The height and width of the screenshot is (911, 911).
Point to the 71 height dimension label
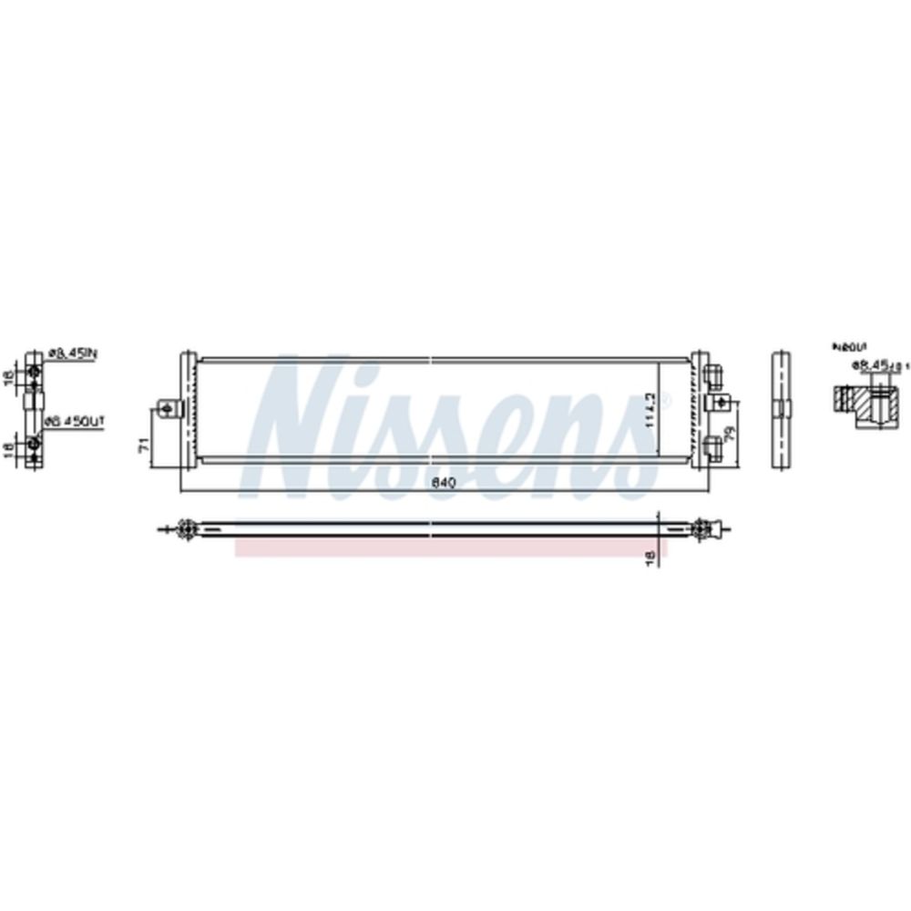pyautogui.click(x=143, y=444)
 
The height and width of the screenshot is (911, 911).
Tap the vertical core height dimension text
pyautogui.click(x=650, y=404)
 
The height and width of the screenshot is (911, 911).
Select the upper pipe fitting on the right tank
pyautogui.click(x=712, y=374)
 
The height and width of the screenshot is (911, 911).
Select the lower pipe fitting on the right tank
pyautogui.click(x=712, y=444)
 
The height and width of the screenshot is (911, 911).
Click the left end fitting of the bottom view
pyautogui.click(x=182, y=527)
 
